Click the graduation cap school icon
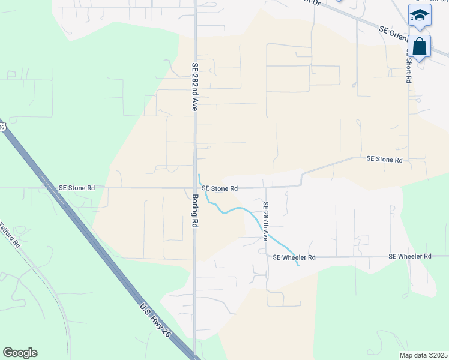click(420, 16)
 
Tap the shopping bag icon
click(420, 46)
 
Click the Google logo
click(20, 353)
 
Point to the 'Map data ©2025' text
click(423, 355)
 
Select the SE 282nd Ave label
click(194, 87)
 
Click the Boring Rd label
click(195, 209)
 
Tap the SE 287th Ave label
click(265, 221)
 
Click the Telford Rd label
click(10, 236)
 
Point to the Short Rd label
click(408, 69)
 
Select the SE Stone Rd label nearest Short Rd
click(384, 159)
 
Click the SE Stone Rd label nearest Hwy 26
click(77, 188)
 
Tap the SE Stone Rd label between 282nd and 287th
click(220, 188)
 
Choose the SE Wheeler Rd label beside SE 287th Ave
click(294, 257)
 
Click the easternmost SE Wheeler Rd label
click(410, 256)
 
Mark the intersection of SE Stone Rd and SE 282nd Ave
click(194, 188)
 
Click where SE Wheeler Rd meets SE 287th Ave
click(267, 257)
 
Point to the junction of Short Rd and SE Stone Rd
click(408, 160)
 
